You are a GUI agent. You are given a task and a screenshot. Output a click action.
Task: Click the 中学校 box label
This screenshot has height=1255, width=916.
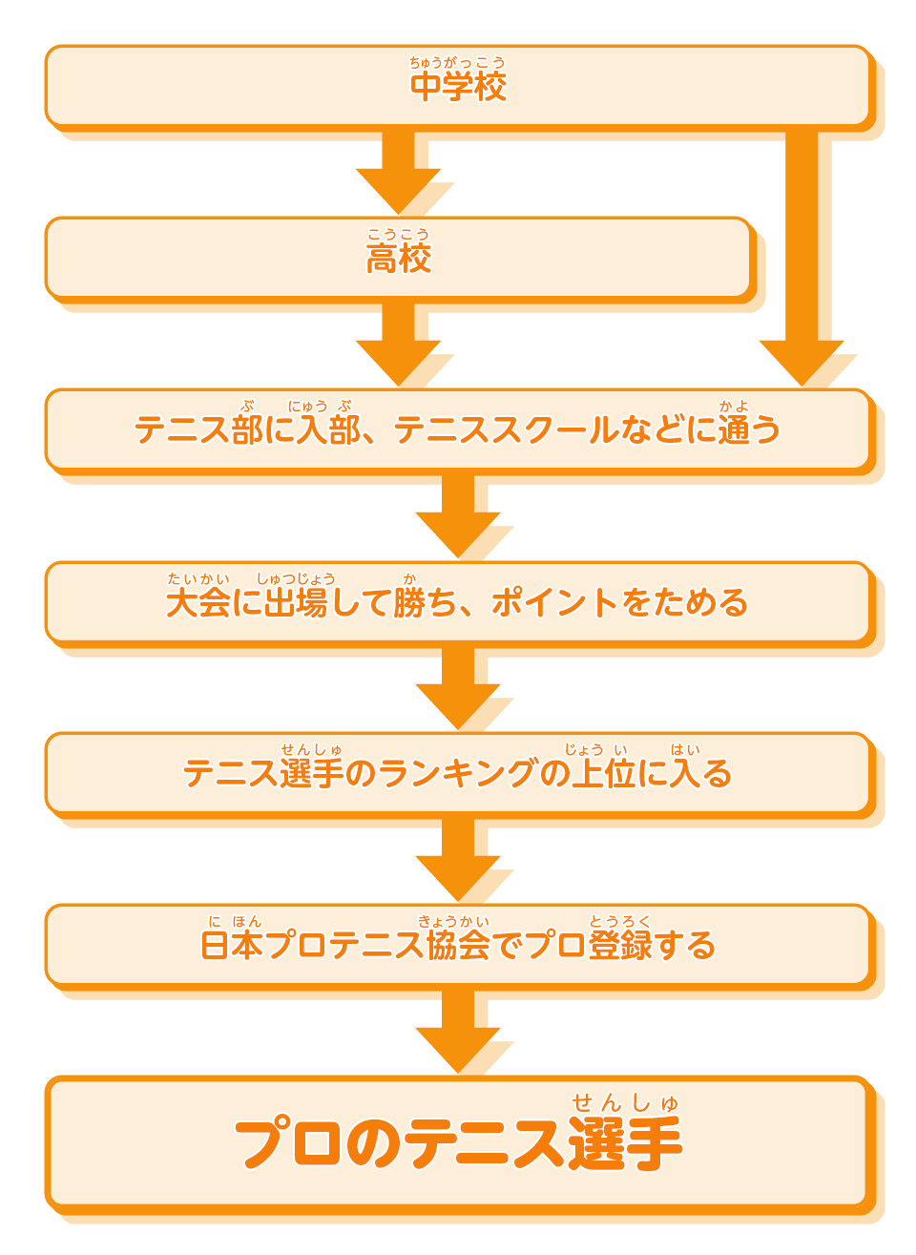pos(458,87)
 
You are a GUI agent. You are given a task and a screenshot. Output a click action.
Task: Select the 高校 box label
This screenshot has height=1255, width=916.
pos(399,259)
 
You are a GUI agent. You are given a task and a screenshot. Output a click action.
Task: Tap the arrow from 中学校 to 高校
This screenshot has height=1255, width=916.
pos(398,173)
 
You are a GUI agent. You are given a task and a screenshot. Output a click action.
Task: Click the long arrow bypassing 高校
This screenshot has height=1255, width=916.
pos(801,258)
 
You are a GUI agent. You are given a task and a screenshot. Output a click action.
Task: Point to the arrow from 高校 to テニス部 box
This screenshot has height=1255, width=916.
pos(398,345)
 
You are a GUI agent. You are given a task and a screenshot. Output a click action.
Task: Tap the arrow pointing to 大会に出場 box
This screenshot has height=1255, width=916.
pos(458,516)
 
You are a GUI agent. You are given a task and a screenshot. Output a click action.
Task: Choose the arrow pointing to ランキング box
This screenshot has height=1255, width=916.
pos(458,688)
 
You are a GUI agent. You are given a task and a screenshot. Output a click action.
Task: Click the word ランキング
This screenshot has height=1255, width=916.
pos(458,774)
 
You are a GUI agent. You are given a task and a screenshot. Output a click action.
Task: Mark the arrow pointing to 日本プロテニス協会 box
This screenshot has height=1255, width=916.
pos(458,860)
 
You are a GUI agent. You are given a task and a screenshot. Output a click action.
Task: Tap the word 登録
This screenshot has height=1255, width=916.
pos(620,946)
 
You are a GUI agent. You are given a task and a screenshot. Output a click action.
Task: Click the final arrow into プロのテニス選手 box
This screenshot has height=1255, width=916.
pos(458,1032)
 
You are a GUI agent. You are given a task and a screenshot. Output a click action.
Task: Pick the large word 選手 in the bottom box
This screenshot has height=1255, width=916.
pos(625,1143)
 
